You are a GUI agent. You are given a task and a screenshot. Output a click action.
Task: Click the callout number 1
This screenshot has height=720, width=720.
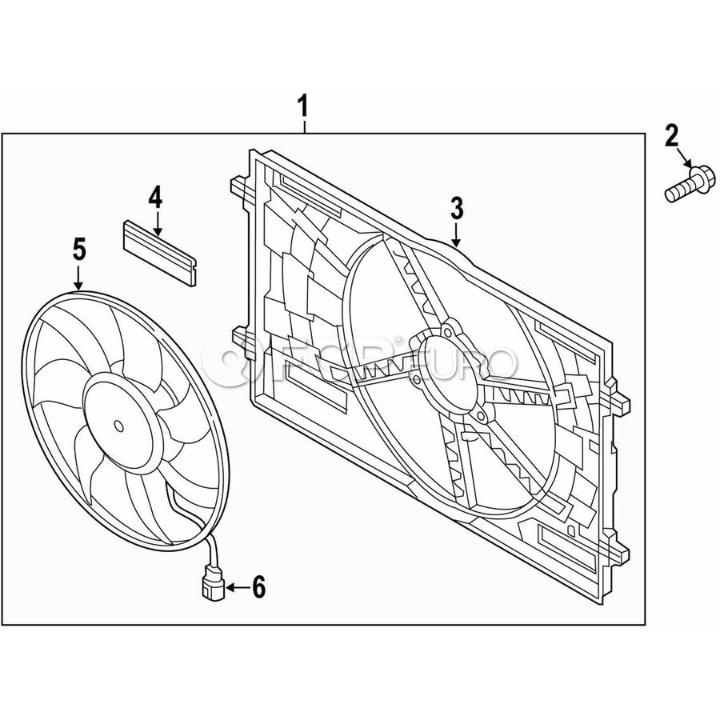point(303,106)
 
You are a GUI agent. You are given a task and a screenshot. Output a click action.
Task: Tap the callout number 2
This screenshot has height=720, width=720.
point(671,135)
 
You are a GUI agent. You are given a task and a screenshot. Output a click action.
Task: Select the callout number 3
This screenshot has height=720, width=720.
point(457,209)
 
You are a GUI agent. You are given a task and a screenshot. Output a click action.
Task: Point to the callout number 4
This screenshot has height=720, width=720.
point(155,198)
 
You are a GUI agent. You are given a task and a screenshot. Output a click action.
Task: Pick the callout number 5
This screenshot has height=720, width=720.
point(79,250)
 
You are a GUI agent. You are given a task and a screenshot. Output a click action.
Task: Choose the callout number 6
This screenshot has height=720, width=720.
point(259,587)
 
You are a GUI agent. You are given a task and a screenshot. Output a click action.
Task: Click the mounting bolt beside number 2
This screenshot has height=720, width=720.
point(690,185)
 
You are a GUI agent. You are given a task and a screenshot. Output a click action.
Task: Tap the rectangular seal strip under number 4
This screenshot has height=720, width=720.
point(159,253)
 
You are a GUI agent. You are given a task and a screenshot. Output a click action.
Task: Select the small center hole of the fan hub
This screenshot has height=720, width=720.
point(119,426)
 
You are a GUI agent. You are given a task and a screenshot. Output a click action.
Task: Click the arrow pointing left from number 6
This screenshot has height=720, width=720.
point(238,587)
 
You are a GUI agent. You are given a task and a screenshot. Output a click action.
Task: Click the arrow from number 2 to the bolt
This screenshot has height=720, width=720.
point(684,157)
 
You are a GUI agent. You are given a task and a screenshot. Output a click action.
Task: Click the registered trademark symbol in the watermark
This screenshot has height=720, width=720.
point(398,340)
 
